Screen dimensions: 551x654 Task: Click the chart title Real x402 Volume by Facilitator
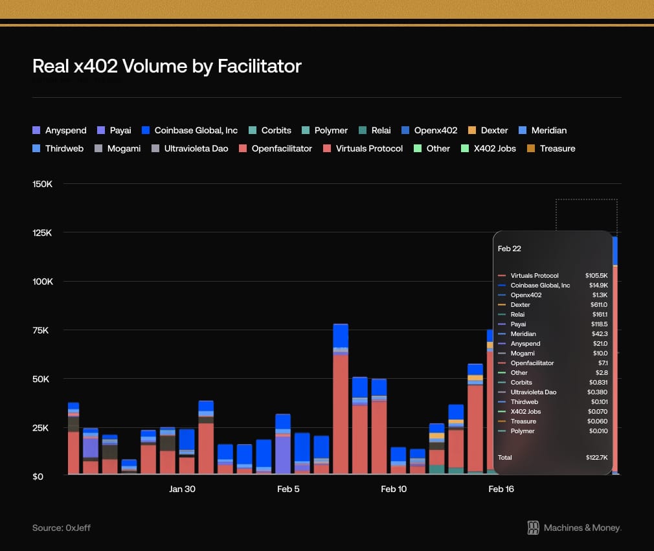[x=166, y=66]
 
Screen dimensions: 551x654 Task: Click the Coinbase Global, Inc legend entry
[x=190, y=130]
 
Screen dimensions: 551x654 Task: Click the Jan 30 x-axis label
[x=182, y=489]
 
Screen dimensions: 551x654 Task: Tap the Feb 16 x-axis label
[x=501, y=489]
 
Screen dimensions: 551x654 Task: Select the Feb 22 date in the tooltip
[x=509, y=248]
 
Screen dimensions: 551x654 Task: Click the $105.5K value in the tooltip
[x=596, y=276]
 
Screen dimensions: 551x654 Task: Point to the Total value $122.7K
[x=596, y=457]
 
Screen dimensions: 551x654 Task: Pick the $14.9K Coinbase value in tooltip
[x=596, y=286]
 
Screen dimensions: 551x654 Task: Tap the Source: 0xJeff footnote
[x=62, y=528]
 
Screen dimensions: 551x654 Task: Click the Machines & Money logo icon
[x=534, y=528]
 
